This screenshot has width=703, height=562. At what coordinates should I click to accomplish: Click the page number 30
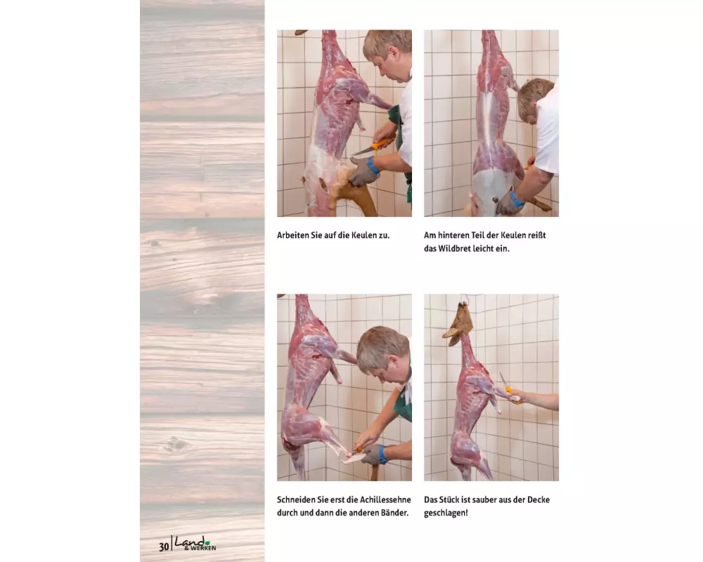pyautogui.click(x=164, y=547)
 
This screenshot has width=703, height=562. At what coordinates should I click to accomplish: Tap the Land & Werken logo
pyautogui.click(x=195, y=544)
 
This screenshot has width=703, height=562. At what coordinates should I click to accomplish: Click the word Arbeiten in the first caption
pyautogui.click(x=292, y=235)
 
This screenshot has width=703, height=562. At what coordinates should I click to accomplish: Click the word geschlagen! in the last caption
pyautogui.click(x=446, y=513)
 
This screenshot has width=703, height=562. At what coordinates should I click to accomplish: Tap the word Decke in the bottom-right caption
pyautogui.click(x=538, y=499)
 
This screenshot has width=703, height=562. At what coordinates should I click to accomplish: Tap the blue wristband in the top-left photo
pyautogui.click(x=373, y=165)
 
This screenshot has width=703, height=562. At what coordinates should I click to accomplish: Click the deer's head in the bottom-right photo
pyautogui.click(x=458, y=324)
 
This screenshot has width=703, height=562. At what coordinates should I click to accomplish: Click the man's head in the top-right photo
pyautogui.click(x=535, y=100)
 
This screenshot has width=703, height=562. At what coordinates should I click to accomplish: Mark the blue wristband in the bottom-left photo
pyautogui.click(x=382, y=455)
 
